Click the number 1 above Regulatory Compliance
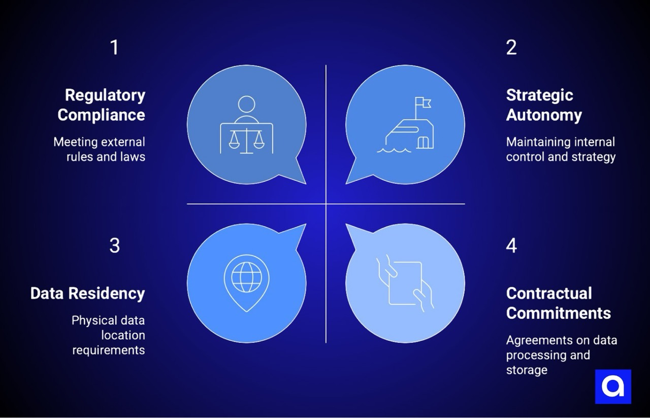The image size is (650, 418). (114, 47)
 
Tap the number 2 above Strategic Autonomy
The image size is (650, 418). (511, 47)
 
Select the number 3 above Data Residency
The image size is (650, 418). (114, 245)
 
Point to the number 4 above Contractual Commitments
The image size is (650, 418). (511, 245)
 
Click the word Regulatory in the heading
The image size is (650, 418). (105, 95)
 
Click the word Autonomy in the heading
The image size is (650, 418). (544, 115)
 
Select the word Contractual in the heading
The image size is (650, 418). (549, 294)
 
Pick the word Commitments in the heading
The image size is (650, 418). (559, 313)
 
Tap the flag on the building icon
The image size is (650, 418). (422, 103)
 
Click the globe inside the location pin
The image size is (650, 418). (246, 276)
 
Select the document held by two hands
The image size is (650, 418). (405, 283)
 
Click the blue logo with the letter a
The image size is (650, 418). (613, 387)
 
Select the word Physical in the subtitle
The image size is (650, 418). (93, 320)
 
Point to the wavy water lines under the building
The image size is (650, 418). (396, 150)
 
